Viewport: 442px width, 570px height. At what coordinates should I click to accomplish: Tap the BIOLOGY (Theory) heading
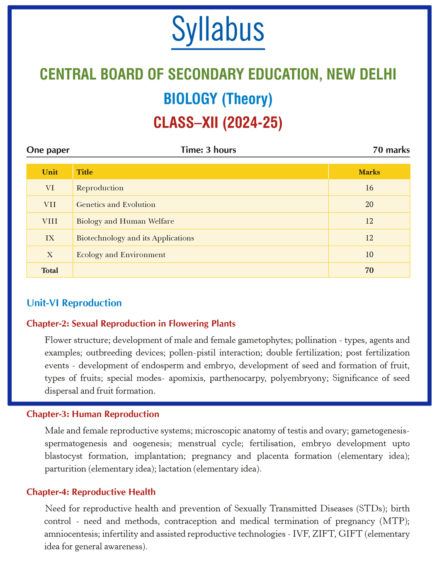tap(218, 99)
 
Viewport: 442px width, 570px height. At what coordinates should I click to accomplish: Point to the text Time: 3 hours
tap(209, 150)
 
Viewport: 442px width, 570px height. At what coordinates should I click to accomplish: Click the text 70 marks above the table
tap(391, 150)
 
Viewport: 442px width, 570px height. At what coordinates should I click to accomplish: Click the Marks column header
tap(369, 172)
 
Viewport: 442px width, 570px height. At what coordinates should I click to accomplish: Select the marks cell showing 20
tap(369, 205)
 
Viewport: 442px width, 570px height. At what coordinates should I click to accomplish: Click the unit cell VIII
tap(50, 221)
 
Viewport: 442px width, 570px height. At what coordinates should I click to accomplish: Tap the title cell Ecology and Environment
tap(121, 255)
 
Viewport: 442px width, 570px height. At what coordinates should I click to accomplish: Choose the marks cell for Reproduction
tap(369, 188)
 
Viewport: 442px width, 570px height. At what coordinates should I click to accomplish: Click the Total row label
tap(50, 271)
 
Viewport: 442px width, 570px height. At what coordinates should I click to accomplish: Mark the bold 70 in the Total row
tap(369, 271)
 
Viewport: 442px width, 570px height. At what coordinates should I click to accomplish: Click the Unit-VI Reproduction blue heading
tap(74, 303)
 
